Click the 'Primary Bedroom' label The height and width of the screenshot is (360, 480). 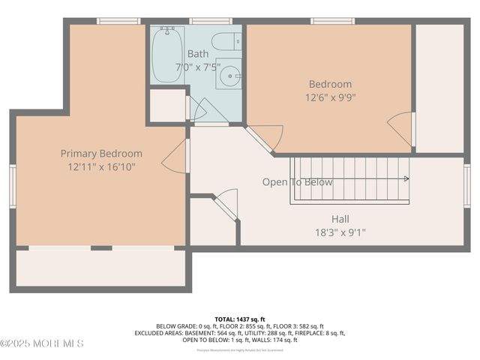click(x=101, y=154)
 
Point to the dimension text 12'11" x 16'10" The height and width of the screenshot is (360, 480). click(x=101, y=167)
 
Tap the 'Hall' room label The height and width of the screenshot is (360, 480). click(x=340, y=219)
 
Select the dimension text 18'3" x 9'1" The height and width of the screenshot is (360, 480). click(x=340, y=232)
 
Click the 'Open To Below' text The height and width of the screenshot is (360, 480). click(x=297, y=182)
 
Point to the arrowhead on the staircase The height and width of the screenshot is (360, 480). click(x=406, y=179)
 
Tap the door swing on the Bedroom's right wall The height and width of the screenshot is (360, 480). click(x=401, y=128)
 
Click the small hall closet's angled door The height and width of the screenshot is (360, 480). click(x=226, y=204)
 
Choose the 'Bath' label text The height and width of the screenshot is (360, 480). click(x=198, y=54)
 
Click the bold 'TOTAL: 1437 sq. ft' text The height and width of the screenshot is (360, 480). click(x=239, y=319)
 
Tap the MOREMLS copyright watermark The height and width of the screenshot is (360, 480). click(x=42, y=343)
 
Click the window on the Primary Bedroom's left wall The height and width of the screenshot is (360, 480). click(x=13, y=185)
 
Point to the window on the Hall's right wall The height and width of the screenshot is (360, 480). click(x=466, y=185)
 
